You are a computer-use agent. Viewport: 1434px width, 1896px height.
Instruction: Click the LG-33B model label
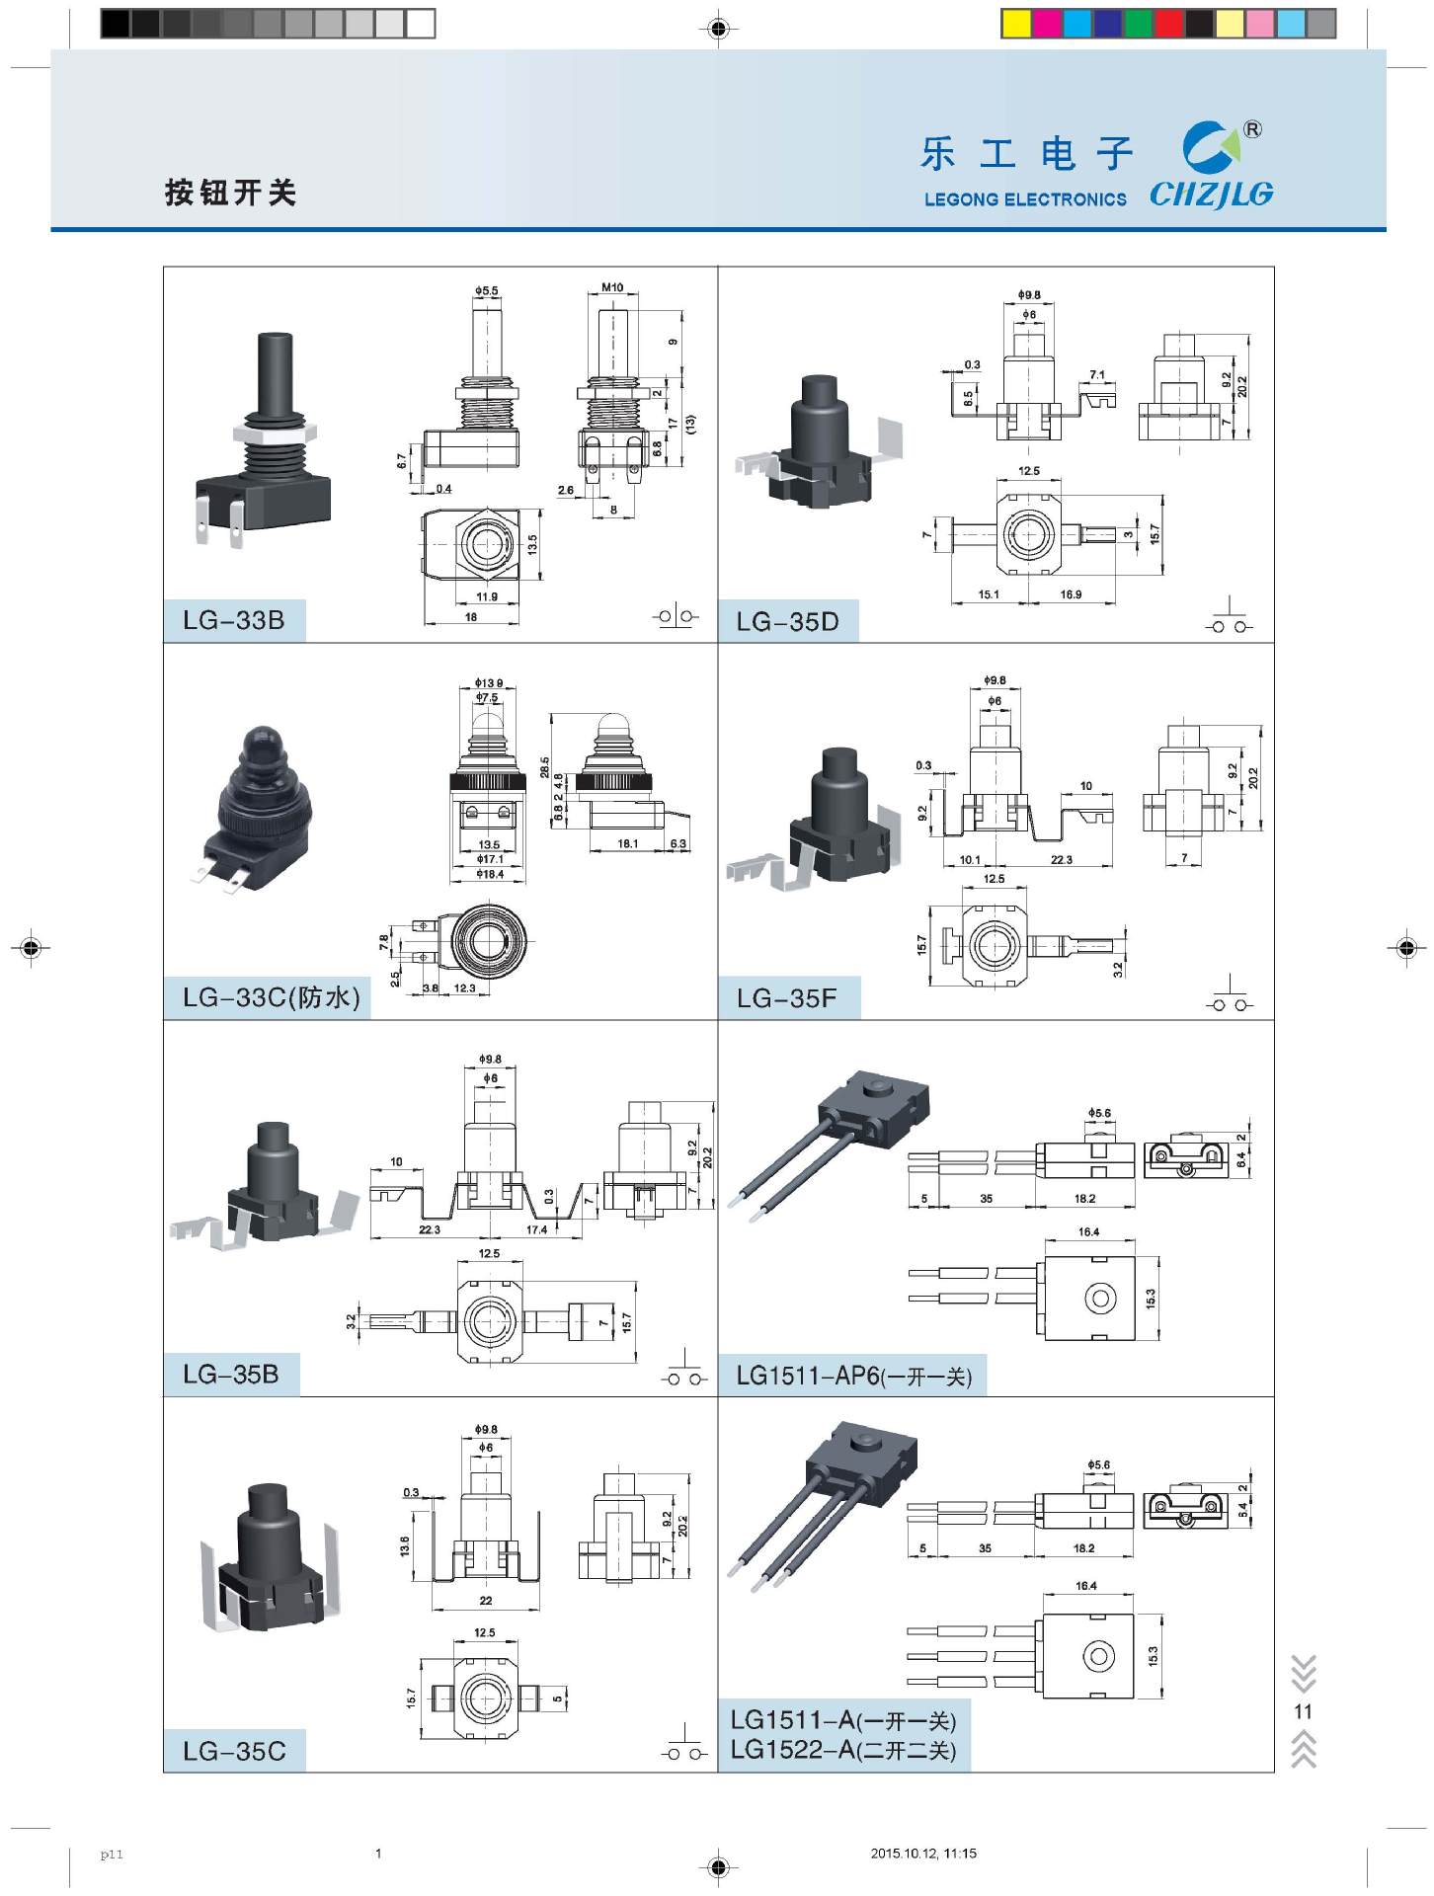pyautogui.click(x=234, y=620)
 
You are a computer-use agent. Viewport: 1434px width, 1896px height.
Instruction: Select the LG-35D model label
pyautogui.click(x=787, y=621)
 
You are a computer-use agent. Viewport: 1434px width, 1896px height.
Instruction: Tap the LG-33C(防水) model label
pyautogui.click(x=271, y=997)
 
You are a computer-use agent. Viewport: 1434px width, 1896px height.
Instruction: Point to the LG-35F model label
pyautogui.click(x=786, y=998)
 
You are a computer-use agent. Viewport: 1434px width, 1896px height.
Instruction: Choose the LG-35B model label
pyautogui.click(x=231, y=1374)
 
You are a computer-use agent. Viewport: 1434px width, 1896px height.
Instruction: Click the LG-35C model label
pyautogui.click(x=234, y=1751)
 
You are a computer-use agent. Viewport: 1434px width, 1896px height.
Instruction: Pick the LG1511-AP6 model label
pyautogui.click(x=853, y=1376)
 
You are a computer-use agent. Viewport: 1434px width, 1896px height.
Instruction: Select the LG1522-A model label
pyautogui.click(x=842, y=1750)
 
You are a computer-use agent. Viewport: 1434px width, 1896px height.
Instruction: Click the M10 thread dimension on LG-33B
pyautogui.click(x=612, y=287)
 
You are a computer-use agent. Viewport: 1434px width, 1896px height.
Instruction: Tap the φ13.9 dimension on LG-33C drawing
pyautogui.click(x=488, y=682)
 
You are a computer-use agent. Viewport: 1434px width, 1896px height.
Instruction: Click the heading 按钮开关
pyautogui.click(x=231, y=192)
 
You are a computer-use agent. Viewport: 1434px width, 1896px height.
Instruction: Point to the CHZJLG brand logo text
pyautogui.click(x=1211, y=195)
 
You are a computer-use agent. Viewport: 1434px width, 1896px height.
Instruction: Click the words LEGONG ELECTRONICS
pyautogui.click(x=1025, y=199)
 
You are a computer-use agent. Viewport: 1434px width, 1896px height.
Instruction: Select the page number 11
pyautogui.click(x=1303, y=1711)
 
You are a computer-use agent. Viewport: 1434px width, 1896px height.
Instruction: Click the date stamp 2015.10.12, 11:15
pyautogui.click(x=923, y=1854)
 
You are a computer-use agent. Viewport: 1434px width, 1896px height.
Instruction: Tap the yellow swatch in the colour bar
pyautogui.click(x=1015, y=24)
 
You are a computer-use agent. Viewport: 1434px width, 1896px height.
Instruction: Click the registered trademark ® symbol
pyautogui.click(x=1251, y=129)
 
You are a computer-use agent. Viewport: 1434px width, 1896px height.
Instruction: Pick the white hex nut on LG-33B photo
pyautogui.click(x=275, y=432)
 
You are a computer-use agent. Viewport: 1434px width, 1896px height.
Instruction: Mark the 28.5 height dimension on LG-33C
pyautogui.click(x=544, y=768)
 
